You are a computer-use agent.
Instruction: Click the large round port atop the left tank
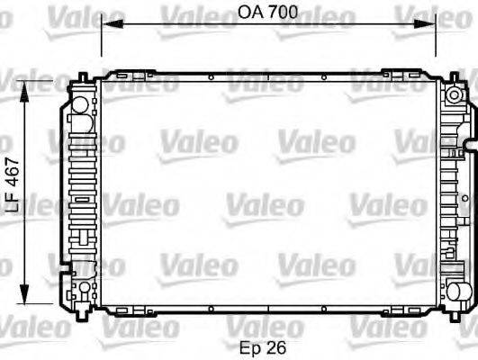click(x=80, y=104)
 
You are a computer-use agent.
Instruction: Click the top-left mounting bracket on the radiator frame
click(x=126, y=74)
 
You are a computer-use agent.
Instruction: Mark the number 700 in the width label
click(x=284, y=13)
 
